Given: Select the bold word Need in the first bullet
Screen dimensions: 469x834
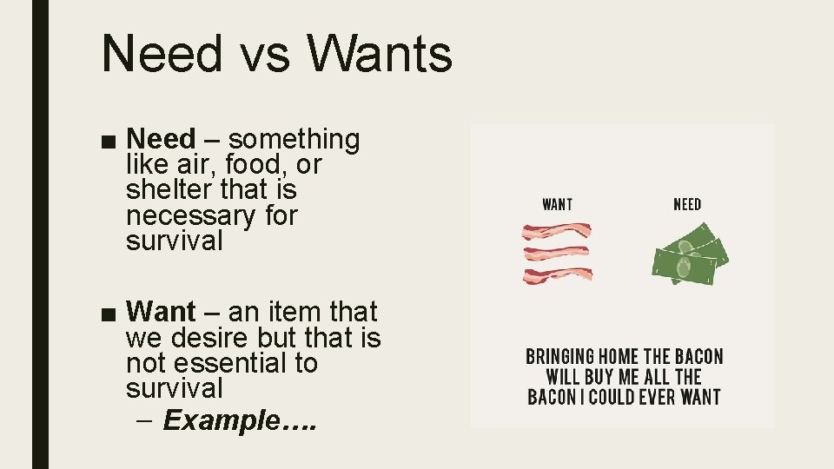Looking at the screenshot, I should [161, 139].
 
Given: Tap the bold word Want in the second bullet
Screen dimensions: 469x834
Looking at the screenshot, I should [161, 311].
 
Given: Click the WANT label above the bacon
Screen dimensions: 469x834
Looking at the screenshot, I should [557, 204].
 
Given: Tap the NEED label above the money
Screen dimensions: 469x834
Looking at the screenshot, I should [687, 204].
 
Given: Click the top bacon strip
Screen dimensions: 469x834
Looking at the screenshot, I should [556, 232].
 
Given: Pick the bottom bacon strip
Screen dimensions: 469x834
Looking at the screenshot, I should [556, 276].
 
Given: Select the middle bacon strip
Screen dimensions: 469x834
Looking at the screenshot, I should [556, 254].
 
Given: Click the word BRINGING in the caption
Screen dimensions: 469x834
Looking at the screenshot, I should [560, 357].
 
